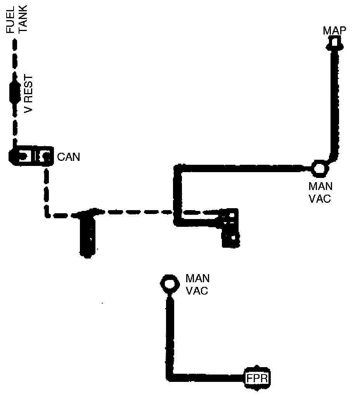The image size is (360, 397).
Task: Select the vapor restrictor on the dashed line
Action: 15,93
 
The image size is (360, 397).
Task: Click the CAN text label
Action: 68,157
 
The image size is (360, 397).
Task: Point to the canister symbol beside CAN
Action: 30,156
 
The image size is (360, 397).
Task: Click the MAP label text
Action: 334,31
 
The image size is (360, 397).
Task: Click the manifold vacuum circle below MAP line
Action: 319,168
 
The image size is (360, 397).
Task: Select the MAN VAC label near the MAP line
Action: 320,193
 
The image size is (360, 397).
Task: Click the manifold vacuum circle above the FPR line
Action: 169,283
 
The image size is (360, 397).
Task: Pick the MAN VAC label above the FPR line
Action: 197,284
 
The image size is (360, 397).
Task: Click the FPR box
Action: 256,377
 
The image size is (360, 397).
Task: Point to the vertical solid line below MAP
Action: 333,105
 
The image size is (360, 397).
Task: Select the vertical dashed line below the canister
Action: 47,190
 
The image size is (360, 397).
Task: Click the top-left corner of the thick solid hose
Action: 178,168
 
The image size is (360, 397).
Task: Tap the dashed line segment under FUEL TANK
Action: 15,58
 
